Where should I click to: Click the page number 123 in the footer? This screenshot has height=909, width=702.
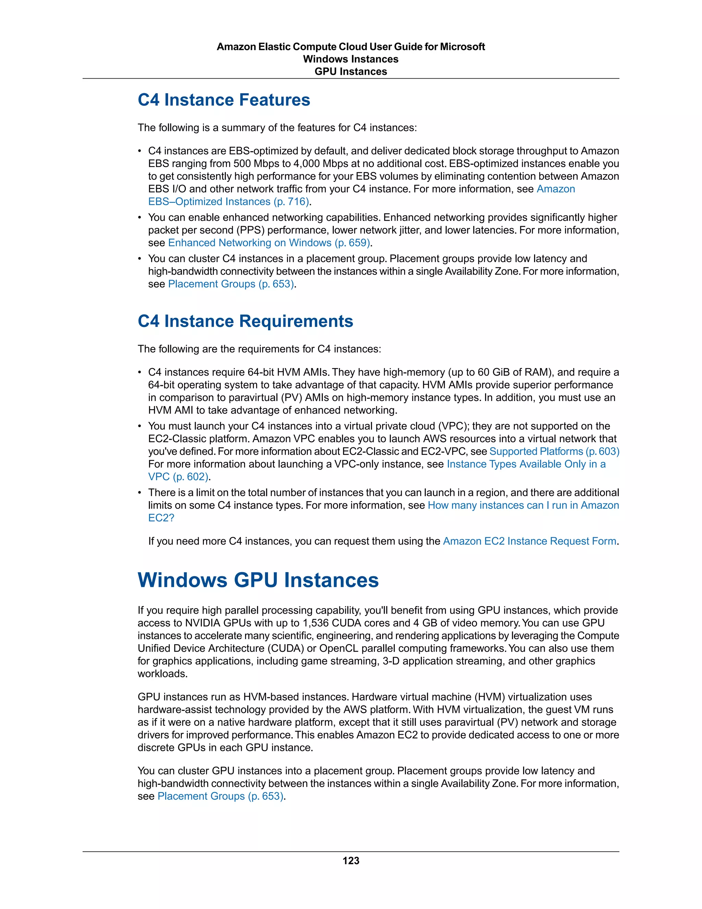pyautogui.click(x=351, y=861)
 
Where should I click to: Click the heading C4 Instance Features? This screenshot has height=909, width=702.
pyautogui.click(x=224, y=100)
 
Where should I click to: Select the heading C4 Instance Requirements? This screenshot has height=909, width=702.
pyautogui.click(x=245, y=321)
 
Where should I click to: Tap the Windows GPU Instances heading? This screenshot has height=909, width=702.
pyautogui.click(x=258, y=580)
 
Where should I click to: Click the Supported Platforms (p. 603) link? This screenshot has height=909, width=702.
pyautogui.click(x=554, y=452)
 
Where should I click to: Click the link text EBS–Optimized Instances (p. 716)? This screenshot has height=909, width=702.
pyautogui.click(x=229, y=202)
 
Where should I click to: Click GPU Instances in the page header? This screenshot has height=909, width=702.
pyautogui.click(x=351, y=72)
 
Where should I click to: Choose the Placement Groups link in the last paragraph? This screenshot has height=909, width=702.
pyautogui.click(x=221, y=796)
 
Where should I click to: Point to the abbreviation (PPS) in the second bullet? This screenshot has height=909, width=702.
pyautogui.click(x=250, y=230)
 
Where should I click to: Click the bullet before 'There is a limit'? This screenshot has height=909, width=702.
pyautogui.click(x=140, y=493)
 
